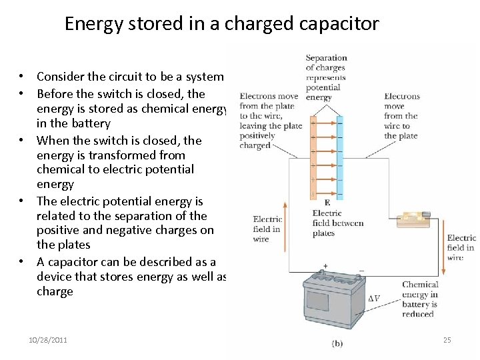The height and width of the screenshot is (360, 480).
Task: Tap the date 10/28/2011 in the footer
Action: click(x=48, y=340)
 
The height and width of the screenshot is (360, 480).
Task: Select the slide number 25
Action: click(x=447, y=340)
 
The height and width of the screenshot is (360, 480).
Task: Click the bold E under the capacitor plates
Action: click(x=327, y=203)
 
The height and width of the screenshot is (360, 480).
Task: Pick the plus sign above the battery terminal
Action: click(x=326, y=266)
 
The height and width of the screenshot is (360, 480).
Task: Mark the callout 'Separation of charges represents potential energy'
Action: click(x=326, y=77)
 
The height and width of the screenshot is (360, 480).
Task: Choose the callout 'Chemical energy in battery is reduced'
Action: click(x=420, y=299)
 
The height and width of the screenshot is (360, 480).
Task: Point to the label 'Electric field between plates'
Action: click(x=337, y=223)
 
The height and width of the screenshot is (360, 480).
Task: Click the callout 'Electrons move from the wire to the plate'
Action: click(x=401, y=115)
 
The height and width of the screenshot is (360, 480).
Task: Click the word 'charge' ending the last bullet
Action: click(x=55, y=291)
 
